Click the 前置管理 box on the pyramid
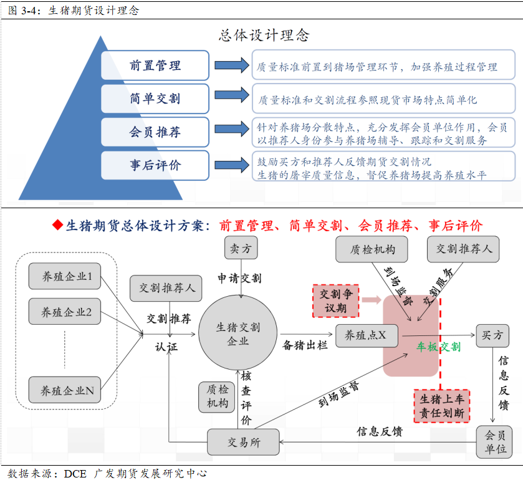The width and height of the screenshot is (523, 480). (155, 65)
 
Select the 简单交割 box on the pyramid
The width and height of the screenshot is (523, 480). (155, 98)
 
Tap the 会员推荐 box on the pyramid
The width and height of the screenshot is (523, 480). (155, 132)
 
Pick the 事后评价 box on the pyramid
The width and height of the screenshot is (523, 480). (155, 165)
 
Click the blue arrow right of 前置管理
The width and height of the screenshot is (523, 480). (231, 65)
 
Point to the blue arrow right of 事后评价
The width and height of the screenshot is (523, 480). (231, 165)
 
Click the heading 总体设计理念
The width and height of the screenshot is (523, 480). (264, 36)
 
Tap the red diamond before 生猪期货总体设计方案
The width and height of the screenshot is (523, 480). (58, 225)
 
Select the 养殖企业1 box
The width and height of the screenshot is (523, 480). (65, 276)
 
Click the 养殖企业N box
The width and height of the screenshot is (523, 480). (65, 390)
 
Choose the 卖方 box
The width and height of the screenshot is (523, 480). (241, 248)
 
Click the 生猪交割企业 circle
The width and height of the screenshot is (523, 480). (238, 333)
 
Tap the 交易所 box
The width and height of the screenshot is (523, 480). (243, 442)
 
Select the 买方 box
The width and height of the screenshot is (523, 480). (492, 335)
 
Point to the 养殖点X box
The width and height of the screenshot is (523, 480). (367, 335)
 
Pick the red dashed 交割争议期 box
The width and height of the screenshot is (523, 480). (336, 301)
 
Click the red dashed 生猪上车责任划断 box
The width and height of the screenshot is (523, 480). (441, 406)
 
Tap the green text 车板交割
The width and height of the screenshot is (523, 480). (439, 347)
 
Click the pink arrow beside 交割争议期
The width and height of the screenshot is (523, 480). (372, 300)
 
